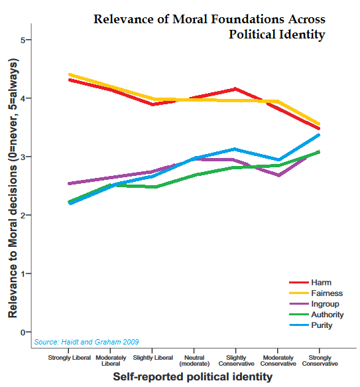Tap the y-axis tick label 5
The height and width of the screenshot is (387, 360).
(23, 40)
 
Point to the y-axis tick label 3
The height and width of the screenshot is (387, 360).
(23, 157)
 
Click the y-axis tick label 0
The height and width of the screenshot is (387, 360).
(23, 332)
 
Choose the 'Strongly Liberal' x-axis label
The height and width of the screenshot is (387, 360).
(70, 358)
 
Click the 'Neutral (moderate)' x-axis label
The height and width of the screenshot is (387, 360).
(195, 361)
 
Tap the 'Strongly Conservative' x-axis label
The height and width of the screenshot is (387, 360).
(320, 361)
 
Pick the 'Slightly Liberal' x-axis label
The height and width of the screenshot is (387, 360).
(152, 358)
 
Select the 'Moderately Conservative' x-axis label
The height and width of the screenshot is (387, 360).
(278, 361)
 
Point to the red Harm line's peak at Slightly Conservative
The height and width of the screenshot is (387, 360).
(236, 89)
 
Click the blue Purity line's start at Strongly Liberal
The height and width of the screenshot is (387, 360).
(70, 203)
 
